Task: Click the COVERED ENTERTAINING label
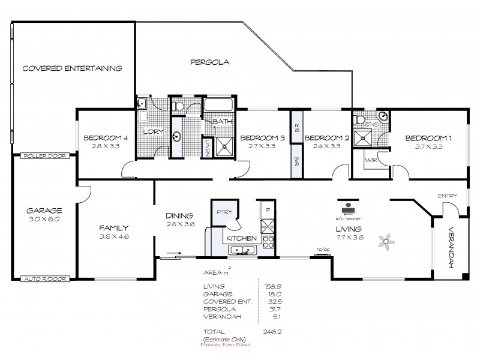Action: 72,68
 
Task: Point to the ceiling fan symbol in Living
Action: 385,241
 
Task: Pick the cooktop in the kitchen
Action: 267,242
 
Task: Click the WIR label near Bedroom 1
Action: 370,160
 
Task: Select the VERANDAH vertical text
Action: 451,247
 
